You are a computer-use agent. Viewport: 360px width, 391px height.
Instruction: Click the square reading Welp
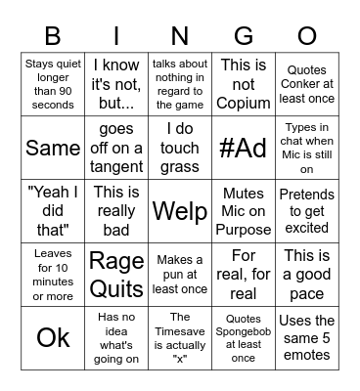(x=180, y=210)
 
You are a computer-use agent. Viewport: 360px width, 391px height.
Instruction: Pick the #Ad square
(x=244, y=148)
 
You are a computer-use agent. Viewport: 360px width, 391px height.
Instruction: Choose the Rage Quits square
(x=116, y=275)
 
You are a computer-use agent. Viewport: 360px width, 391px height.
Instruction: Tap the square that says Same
(x=53, y=148)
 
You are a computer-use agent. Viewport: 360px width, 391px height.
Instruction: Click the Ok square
(x=53, y=337)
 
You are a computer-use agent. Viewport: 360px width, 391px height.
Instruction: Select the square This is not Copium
(x=244, y=84)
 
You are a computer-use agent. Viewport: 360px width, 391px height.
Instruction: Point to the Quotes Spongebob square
(x=244, y=337)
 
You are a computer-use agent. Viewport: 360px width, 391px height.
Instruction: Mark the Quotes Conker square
(x=307, y=84)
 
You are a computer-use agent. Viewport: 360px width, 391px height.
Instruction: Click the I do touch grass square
(x=180, y=148)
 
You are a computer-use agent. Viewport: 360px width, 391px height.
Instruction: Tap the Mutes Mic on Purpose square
(x=244, y=211)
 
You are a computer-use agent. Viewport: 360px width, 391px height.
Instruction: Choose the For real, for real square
(x=244, y=275)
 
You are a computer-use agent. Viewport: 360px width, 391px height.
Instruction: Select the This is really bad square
(x=116, y=211)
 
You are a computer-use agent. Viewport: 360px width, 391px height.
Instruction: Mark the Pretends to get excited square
(x=307, y=211)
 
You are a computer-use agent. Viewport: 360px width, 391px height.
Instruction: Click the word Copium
(x=244, y=102)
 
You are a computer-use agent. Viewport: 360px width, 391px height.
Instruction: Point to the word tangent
(x=116, y=164)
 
